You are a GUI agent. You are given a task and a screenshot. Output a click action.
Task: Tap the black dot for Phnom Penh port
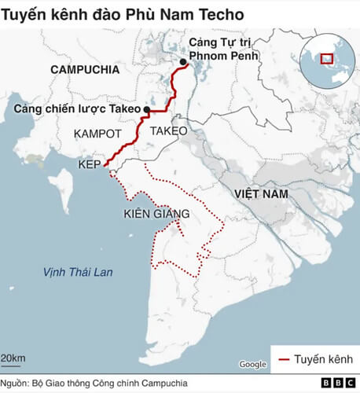coord(183,62)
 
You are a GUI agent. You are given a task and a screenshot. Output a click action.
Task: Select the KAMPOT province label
coord(97,134)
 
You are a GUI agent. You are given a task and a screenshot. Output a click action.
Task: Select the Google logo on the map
coord(252,364)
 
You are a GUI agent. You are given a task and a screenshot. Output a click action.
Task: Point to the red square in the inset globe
coord(326,57)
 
